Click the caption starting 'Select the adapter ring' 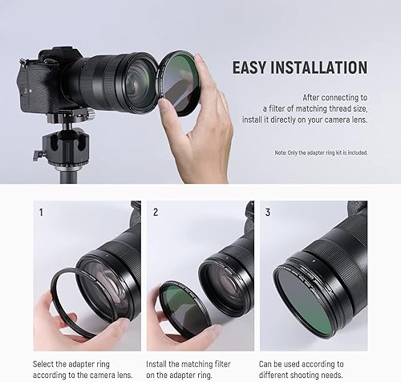(80, 364)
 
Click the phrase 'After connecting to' (333, 95)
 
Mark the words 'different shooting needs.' (309, 375)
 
